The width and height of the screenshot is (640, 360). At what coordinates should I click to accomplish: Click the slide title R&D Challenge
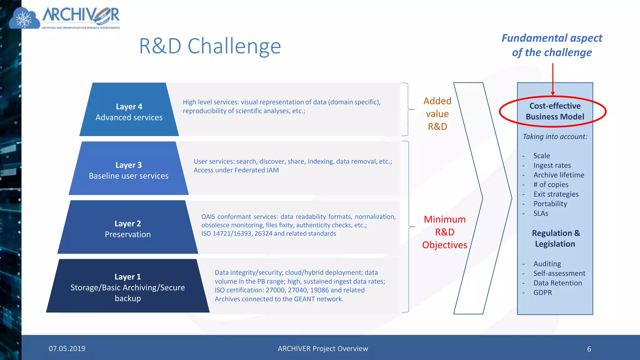210,46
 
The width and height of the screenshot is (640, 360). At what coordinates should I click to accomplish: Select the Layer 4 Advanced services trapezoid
129,112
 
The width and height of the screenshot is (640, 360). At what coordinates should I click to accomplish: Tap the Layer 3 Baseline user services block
128,170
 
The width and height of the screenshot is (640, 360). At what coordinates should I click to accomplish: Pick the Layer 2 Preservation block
127,229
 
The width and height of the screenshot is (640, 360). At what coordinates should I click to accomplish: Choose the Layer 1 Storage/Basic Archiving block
127,287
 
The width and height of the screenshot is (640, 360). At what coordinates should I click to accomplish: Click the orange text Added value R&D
437,114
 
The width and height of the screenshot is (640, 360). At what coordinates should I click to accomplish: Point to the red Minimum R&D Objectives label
444,232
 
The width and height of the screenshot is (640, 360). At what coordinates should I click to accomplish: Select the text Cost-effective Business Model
555,111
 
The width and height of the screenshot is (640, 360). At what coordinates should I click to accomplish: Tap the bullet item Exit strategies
556,194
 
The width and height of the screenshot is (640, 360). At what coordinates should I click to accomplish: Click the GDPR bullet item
542,292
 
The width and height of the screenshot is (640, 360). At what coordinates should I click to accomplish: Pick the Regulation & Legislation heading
555,238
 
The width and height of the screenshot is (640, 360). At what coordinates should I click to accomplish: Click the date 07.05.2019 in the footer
67,348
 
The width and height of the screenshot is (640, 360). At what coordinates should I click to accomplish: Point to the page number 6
589,349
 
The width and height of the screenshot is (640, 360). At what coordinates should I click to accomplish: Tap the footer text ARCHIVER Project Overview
323,348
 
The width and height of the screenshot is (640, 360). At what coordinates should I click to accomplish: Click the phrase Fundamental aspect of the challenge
552,45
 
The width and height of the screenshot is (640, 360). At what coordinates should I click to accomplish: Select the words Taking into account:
555,137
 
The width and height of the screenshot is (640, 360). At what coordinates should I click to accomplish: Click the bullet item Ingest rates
552,165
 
